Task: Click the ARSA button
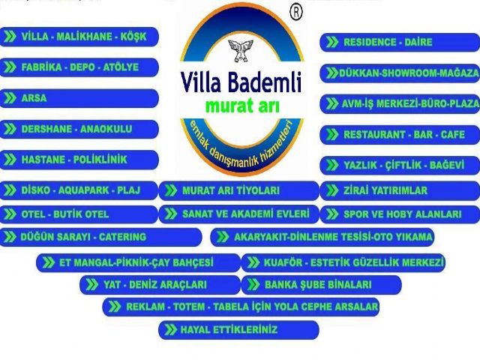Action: coord(79,98)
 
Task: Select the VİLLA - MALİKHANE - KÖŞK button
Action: coord(79,37)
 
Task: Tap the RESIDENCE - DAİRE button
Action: coord(400,42)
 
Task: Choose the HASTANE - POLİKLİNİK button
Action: coord(79,160)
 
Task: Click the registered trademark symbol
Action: coord(295,13)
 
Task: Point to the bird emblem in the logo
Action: coord(241,50)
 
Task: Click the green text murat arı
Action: coord(242,106)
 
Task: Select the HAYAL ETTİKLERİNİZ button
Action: coord(238,330)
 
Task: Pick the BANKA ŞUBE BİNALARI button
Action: coord(322,285)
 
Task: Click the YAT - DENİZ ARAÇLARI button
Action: coord(160,285)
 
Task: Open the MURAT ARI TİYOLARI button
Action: coord(239,190)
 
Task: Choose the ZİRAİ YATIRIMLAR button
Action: coord(400,190)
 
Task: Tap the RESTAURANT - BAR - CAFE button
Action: coord(400,134)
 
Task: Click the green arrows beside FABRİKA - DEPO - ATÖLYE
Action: coord(10,67)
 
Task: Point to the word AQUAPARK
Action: coord(83,190)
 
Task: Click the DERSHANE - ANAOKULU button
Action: coord(79,129)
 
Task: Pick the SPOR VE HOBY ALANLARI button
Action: coord(400,214)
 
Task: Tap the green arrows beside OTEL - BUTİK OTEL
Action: coord(10,214)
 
